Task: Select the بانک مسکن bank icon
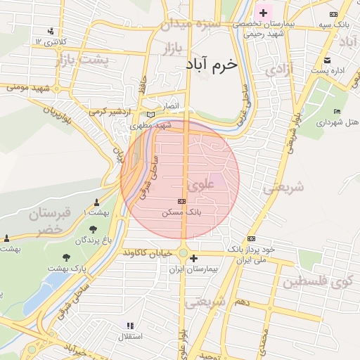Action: click(183, 200)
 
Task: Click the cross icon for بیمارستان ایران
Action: click(194, 259)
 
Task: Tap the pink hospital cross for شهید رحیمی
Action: click(264, 13)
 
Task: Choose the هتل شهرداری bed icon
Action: click(337, 111)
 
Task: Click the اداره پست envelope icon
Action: click(328, 60)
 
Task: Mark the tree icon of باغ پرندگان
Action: click(93, 229)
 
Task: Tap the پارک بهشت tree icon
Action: click(67, 258)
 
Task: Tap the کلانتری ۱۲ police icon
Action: click(50, 31)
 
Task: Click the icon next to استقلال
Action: click(129, 325)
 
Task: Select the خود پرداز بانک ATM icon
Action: click(251, 238)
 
